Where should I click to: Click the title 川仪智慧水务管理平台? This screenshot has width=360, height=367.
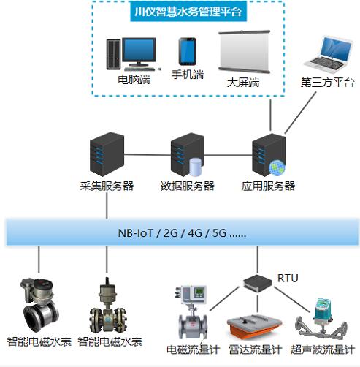coord(188,12)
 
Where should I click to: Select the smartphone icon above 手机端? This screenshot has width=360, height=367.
coord(188,51)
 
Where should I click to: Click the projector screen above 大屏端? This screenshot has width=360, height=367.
coord(244,52)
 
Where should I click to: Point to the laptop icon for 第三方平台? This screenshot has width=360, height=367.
coord(329,55)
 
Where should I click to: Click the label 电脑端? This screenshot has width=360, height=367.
coord(134,80)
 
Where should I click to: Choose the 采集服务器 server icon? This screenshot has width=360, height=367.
coord(107,154)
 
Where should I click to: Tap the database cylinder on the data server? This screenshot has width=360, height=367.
coord(195,167)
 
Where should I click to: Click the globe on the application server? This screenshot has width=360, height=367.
coord(277,167)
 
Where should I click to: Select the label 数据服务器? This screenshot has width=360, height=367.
coord(187,186)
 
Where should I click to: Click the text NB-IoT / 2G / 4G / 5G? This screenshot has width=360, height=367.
coord(182,233)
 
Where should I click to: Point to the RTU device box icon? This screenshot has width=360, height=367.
coord(258,283)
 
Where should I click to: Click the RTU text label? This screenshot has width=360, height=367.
coord(288,278)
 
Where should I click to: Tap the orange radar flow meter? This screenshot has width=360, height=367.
coord(254,328)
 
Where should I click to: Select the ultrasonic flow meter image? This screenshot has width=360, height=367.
coord(321,319)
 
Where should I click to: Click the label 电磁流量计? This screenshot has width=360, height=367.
coord(194,350)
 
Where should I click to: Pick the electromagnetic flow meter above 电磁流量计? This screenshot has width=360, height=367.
coord(192,312)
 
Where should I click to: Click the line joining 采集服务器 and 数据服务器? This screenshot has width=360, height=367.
coord(148,154)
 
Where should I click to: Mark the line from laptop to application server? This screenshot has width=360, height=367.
coord(300,113)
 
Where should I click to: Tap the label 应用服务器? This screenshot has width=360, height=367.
coord(268,186)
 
